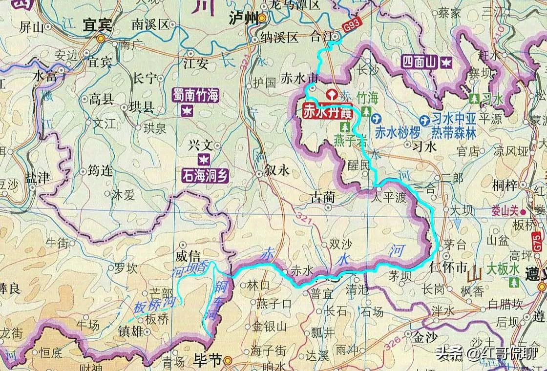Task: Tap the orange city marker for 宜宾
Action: click(101, 38)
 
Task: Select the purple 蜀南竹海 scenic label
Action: click(195, 95)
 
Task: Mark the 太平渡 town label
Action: click(388, 199)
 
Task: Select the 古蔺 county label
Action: click(323, 198)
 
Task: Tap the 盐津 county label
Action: click(38, 178)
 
